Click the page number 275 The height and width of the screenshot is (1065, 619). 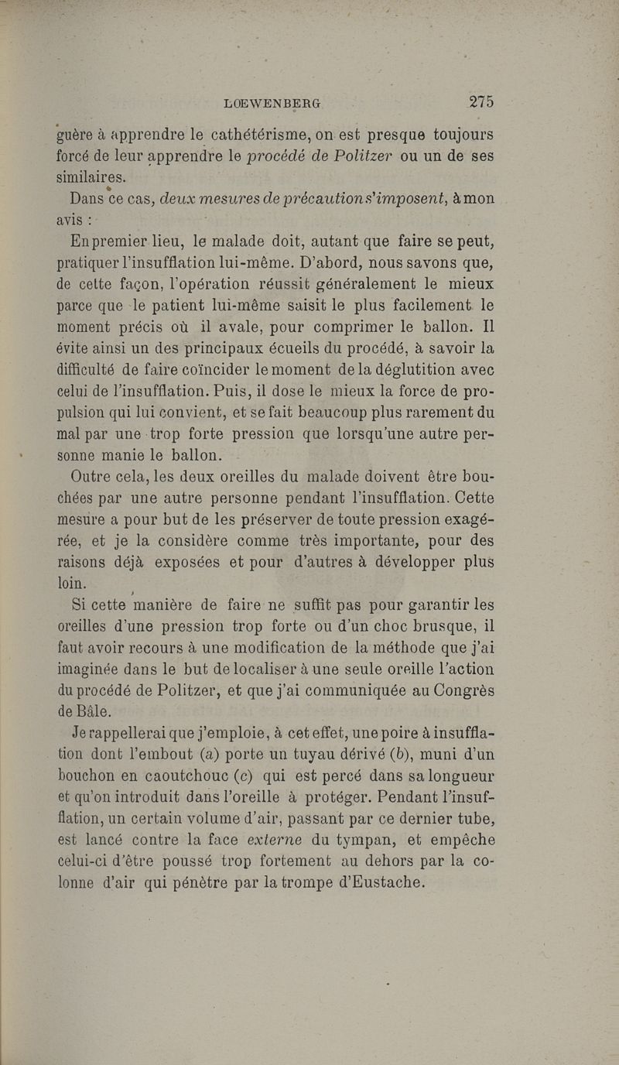480,101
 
